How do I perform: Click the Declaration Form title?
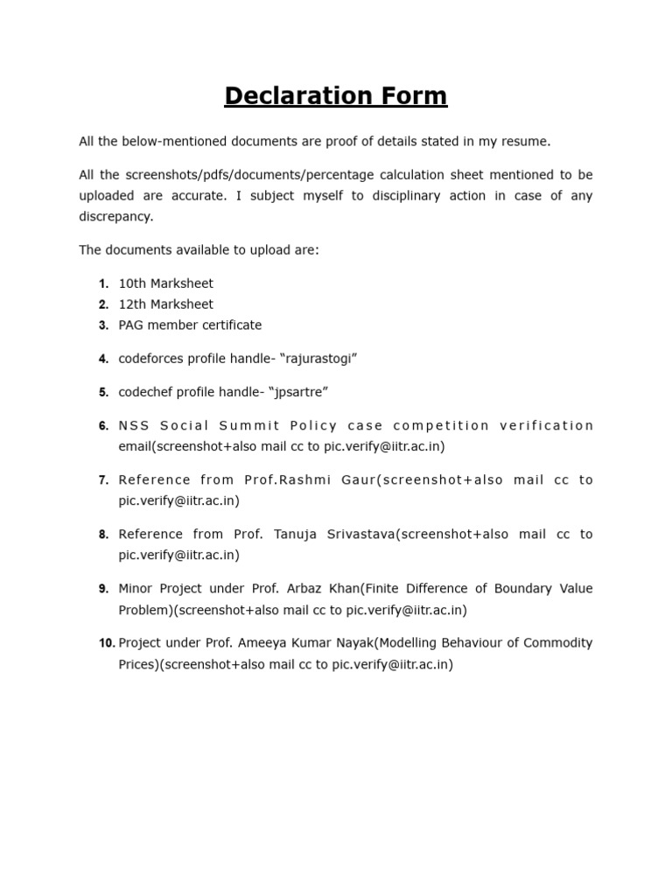tap(335, 95)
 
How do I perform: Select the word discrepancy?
tap(115, 216)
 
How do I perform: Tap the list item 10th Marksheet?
tap(165, 283)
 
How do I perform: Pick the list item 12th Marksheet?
tap(165, 304)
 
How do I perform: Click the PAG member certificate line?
tap(190, 325)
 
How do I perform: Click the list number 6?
tap(103, 426)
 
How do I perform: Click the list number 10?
tap(107, 644)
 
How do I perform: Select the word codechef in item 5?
tap(145, 392)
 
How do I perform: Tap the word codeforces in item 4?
tap(150, 359)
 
